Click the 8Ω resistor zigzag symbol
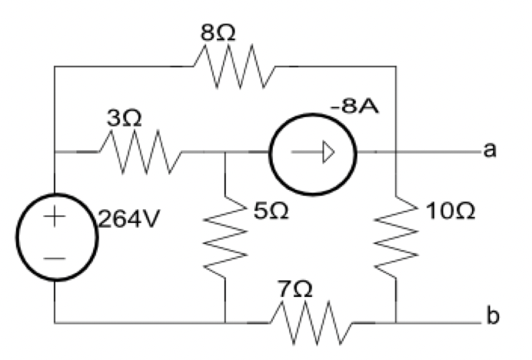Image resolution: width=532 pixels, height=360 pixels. [x=234, y=68]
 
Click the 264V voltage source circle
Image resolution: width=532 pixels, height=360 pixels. [x=56, y=235]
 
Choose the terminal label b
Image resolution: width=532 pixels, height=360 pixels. [x=489, y=316]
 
